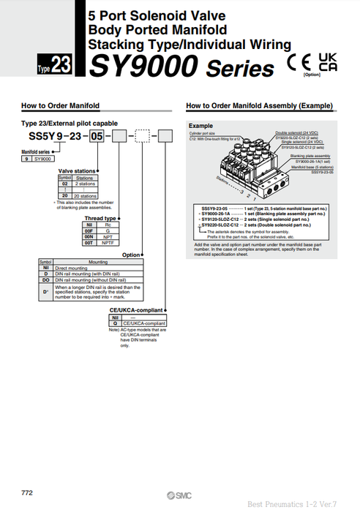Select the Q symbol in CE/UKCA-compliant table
[115, 323]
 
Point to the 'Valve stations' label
[77, 170]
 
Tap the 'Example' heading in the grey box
[200, 126]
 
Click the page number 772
[26, 487]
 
